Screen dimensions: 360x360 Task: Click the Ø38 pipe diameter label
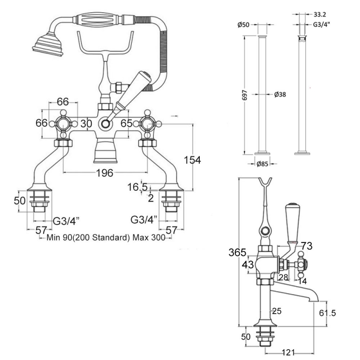pyautogui.click(x=280, y=94)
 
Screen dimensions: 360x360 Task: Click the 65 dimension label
pyautogui.click(x=127, y=123)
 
